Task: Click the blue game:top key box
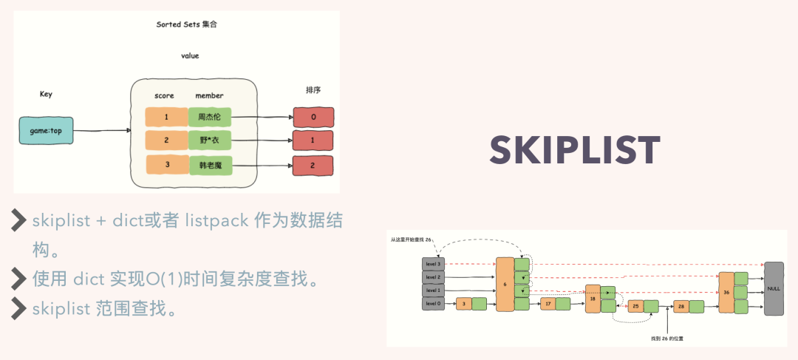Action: point(46,131)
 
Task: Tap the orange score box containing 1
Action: point(166,117)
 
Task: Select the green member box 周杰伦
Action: point(210,117)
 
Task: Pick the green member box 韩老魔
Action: point(210,164)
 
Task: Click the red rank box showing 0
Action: point(313,117)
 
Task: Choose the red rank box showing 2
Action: point(313,166)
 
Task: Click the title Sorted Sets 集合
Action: point(186,24)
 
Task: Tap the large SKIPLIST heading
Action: point(575,151)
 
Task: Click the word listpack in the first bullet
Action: point(218,221)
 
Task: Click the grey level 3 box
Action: point(433,263)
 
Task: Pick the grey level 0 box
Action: point(433,303)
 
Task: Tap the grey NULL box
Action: point(774,288)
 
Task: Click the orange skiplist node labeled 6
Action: point(505,284)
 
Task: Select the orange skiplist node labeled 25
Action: point(635,306)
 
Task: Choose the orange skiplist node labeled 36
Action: point(726,292)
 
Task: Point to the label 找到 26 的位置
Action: point(667,338)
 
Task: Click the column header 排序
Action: point(313,90)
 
